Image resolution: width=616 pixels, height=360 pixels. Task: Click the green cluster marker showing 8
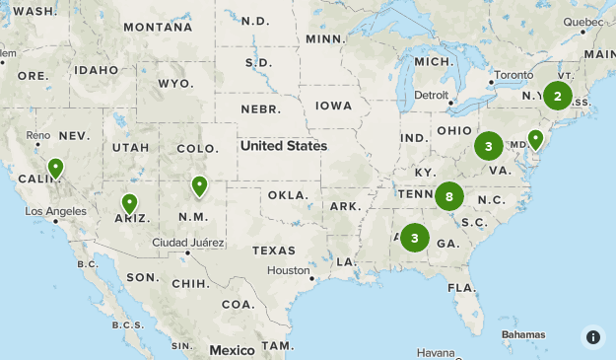click(449, 196)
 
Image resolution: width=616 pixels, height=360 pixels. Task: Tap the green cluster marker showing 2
click(557, 96)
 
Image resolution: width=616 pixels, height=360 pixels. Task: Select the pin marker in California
click(56, 169)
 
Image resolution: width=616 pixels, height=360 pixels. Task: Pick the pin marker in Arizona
click(129, 204)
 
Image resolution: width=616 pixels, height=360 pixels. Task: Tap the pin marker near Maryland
click(535, 140)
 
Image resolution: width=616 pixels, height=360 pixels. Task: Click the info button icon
click(592, 336)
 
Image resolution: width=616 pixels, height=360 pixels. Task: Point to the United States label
click(283, 146)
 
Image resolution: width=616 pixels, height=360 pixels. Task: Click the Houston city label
click(289, 270)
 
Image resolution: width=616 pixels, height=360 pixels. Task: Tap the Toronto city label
click(513, 75)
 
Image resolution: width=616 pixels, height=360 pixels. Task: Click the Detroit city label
click(431, 96)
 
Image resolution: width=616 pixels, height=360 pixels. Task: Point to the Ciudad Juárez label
click(186, 243)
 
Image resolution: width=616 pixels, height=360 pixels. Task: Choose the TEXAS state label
click(273, 251)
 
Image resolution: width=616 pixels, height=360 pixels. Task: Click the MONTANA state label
click(158, 27)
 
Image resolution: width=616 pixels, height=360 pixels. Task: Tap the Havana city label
click(435, 352)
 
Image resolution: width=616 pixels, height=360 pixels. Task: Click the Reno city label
click(38, 135)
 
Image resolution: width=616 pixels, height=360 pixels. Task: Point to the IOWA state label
click(332, 106)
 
